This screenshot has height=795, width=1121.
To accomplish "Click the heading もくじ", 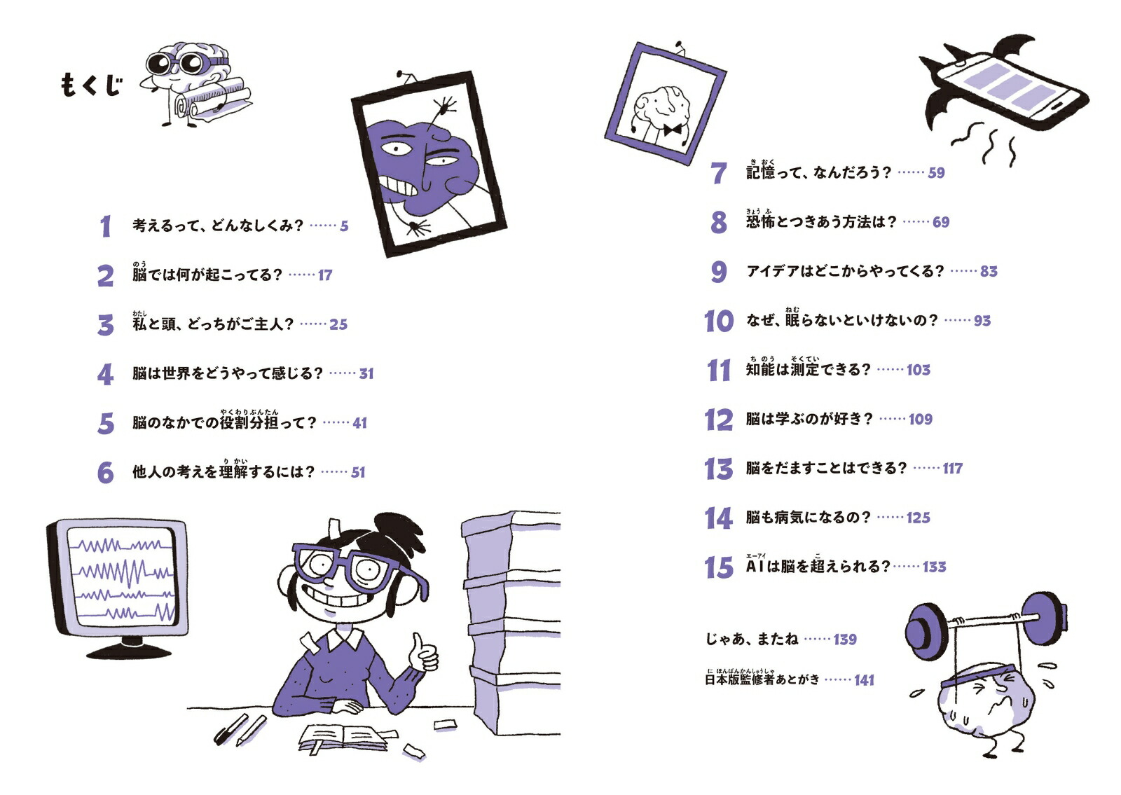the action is (x=91, y=85).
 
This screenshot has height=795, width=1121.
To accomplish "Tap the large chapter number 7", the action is (x=719, y=172).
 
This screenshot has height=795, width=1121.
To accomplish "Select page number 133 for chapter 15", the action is (x=935, y=567).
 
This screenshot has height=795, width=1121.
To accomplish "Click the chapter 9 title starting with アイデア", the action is (x=845, y=271).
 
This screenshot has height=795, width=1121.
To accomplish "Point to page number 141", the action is (x=864, y=680).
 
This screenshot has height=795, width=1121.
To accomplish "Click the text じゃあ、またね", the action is (x=752, y=639).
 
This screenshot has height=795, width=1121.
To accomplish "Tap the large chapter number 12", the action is (x=719, y=420).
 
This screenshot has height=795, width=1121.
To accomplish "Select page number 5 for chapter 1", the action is (x=344, y=226).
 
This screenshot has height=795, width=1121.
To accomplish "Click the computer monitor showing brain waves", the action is (x=118, y=586).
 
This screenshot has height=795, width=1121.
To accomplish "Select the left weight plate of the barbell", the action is (x=926, y=631).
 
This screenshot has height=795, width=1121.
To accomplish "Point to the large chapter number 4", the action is (x=105, y=374).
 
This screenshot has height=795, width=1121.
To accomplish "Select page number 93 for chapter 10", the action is (x=982, y=321).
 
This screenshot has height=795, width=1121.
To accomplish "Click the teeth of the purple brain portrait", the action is (x=399, y=186).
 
